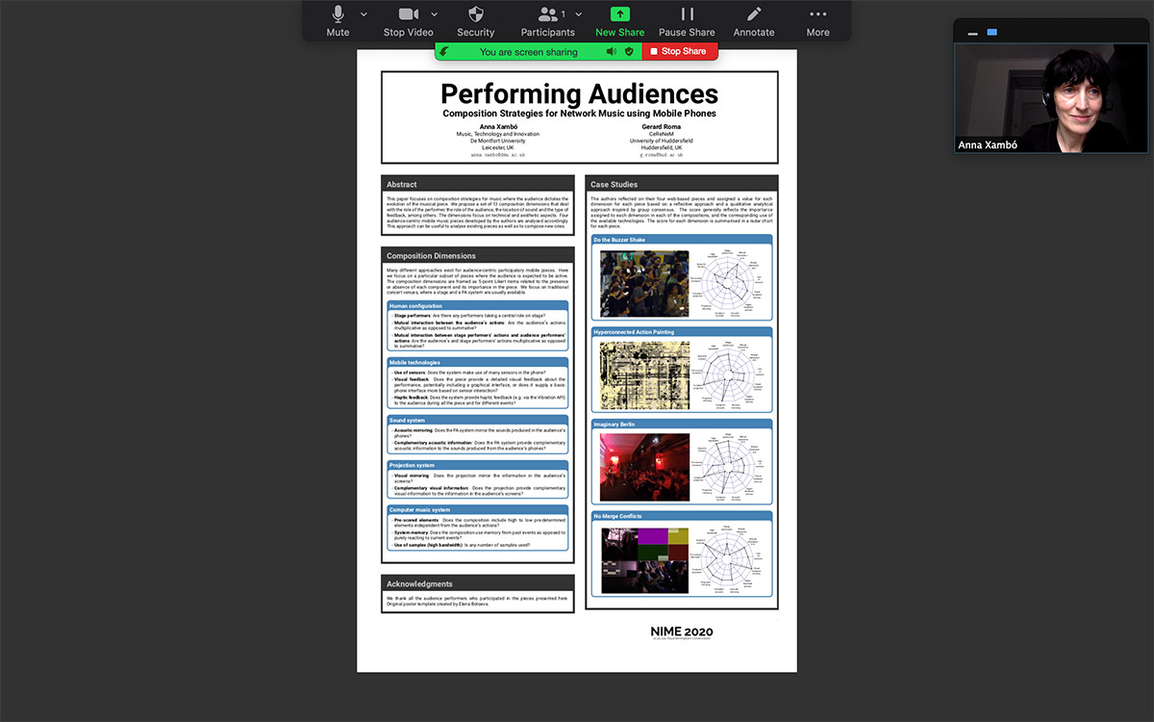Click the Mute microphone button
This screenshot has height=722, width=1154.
click(338, 20)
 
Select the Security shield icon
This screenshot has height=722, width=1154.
click(475, 20)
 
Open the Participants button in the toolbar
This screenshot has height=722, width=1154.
click(548, 20)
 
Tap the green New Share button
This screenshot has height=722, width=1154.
click(619, 20)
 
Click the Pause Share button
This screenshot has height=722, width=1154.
click(687, 20)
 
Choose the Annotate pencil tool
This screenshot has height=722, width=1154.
click(754, 20)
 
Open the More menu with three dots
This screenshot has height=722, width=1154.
click(817, 20)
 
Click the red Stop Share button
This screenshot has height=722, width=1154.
click(679, 51)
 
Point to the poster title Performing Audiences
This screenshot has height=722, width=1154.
click(579, 94)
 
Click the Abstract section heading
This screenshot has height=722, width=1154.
click(402, 184)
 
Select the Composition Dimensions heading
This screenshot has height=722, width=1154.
click(431, 256)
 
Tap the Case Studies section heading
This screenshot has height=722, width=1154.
click(614, 184)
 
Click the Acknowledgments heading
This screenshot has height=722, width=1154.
click(419, 584)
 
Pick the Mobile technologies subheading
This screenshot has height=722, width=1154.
click(414, 363)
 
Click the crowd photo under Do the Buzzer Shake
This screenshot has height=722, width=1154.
click(644, 284)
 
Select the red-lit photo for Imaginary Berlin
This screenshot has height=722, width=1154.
click(644, 467)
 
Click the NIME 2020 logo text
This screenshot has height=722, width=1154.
click(682, 632)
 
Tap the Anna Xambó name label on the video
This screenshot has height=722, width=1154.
click(988, 145)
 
